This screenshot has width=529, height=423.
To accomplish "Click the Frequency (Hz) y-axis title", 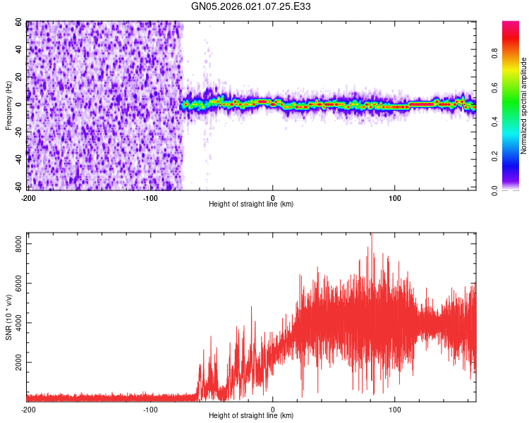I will click(8, 106).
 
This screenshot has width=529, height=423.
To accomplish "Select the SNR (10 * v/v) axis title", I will click(8, 317).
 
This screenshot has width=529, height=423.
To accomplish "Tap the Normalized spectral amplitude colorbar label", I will click(523, 106).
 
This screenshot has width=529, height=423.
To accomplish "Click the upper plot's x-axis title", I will click(251, 204).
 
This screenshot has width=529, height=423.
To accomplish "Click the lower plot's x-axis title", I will click(251, 416).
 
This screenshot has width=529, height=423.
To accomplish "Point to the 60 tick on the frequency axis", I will click(19, 23).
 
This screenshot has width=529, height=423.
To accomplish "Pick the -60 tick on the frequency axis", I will click(18, 188).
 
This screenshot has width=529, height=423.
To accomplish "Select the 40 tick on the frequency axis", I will click(19, 50).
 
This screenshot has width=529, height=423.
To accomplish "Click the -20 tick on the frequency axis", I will click(18, 133).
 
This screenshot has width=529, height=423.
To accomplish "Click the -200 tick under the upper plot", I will click(28, 197).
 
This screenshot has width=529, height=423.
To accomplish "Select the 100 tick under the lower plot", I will click(395, 409).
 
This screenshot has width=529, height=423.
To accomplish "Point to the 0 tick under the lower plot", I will click(273, 409).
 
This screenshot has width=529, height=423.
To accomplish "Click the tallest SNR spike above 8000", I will click(371, 235).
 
